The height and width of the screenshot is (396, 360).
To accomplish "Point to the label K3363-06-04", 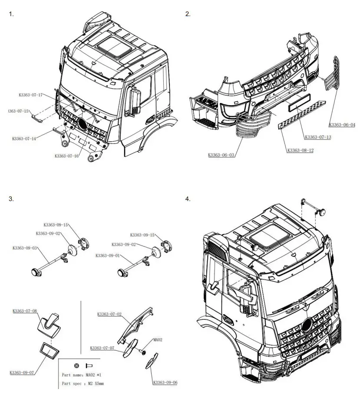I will tap(342, 125).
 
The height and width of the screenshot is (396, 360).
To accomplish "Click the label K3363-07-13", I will tap(318, 137).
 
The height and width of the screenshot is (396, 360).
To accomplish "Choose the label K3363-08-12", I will tap(300, 150).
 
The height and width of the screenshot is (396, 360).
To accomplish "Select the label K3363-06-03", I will tap(221, 155).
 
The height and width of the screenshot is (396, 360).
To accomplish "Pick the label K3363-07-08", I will tap(24, 311).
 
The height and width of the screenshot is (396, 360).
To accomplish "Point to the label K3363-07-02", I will tap(109, 314).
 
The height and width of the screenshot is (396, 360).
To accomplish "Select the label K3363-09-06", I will tap(165, 383).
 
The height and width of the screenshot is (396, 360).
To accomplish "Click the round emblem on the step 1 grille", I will tap(82, 124).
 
